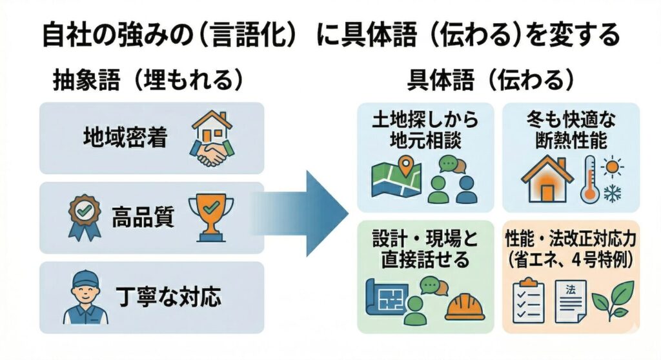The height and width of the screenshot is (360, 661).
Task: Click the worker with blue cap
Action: click(x=84, y=297)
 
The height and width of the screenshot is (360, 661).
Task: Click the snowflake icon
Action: click(x=611, y=192)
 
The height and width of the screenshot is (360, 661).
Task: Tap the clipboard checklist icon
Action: click(x=528, y=299)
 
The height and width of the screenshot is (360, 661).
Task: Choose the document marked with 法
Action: click(x=569, y=299)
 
